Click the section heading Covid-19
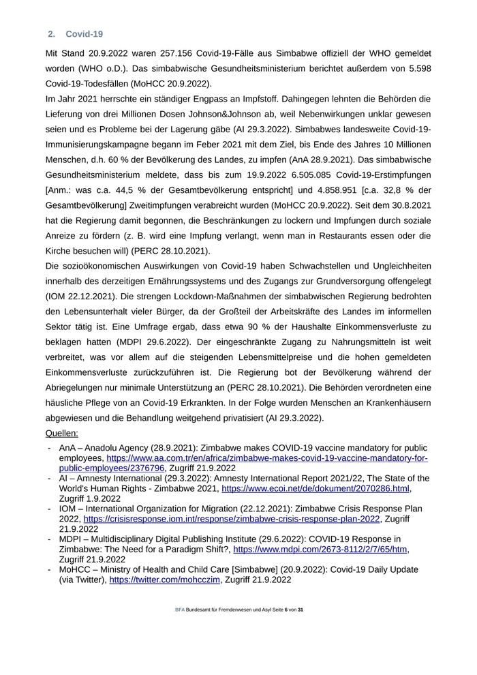pyautogui.click(x=84, y=34)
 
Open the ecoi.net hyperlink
pyautogui.click(x=316, y=489)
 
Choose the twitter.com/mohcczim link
pyautogui.click(x=165, y=580)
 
